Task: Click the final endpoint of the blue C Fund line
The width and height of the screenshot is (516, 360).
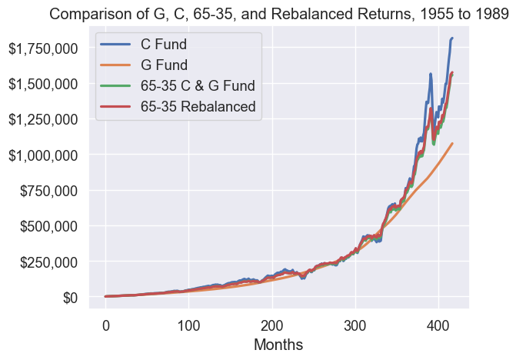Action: coord(452,38)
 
